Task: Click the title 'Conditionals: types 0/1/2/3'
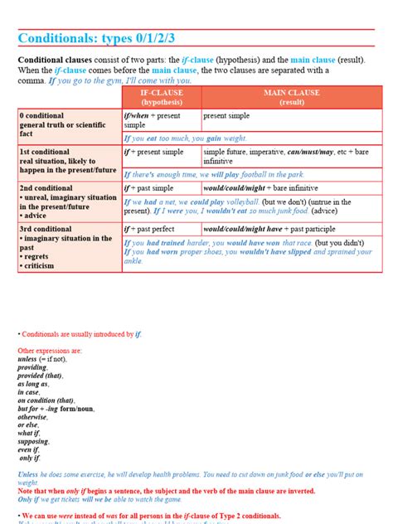[x=107, y=39]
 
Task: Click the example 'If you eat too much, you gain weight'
[x=186, y=138]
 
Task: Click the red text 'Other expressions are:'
[x=51, y=350]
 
